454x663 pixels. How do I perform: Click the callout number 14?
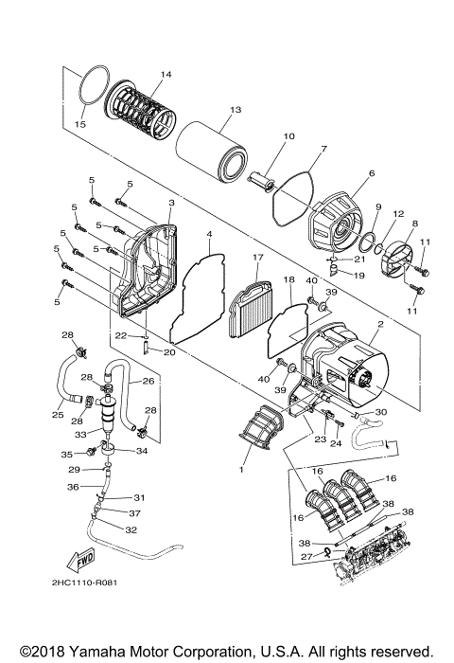coord(166,75)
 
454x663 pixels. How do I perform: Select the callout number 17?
coord(256,258)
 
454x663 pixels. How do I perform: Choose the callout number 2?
coord(379,325)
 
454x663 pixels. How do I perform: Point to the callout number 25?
coord(58,415)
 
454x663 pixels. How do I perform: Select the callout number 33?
coord(82,435)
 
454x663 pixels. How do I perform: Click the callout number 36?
coord(72,487)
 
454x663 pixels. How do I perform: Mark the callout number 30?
coord(381,412)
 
